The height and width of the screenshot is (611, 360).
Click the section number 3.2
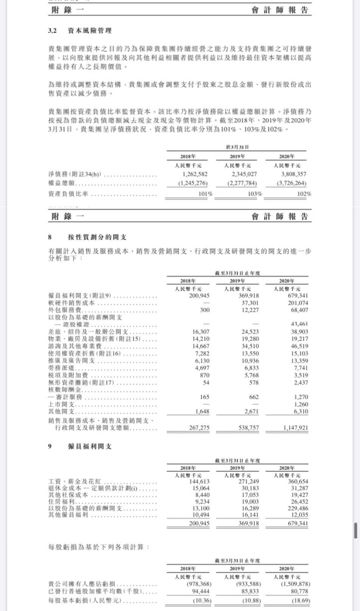pos(52,31)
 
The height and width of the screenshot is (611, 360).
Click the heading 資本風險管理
pos(90,31)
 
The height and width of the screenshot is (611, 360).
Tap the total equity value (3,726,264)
pos(292,183)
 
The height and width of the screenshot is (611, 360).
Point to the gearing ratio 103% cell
pos(255,194)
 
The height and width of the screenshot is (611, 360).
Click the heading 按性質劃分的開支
pos(97,237)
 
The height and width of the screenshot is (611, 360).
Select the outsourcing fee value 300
pos(205,310)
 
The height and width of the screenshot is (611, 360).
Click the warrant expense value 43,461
pos(299,324)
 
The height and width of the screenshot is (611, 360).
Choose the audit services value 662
pos(254,397)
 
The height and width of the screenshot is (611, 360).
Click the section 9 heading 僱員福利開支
pos(90,447)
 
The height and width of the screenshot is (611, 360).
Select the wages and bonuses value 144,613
pos(199,482)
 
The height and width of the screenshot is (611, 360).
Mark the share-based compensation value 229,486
pos(298,509)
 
